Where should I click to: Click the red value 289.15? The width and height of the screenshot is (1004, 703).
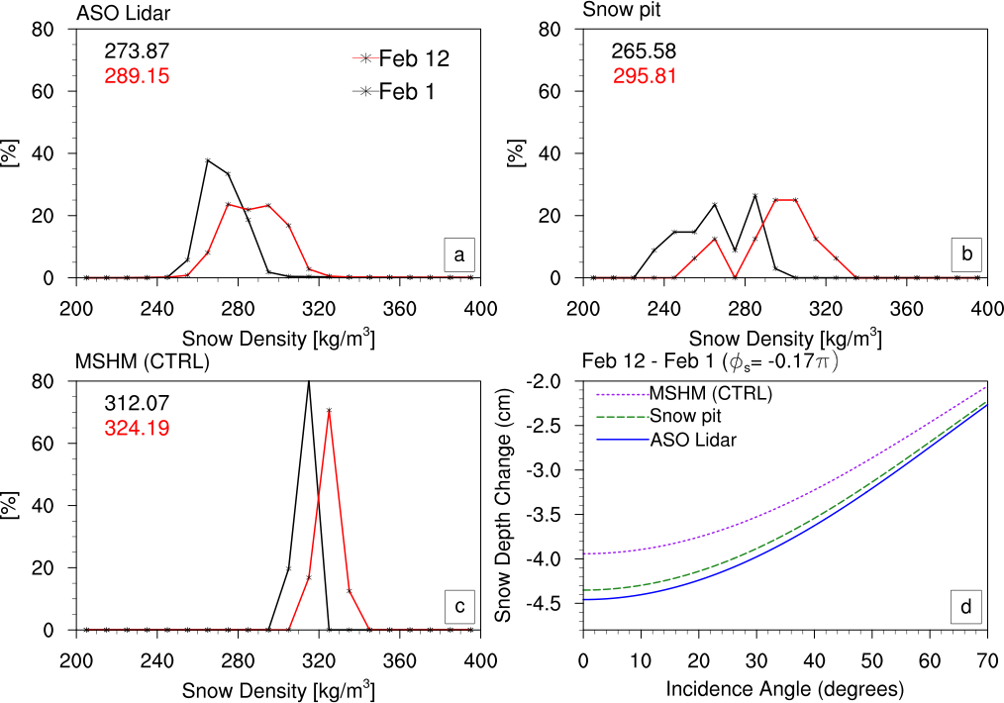click(x=138, y=75)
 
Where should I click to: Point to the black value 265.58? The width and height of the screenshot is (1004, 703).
click(x=644, y=52)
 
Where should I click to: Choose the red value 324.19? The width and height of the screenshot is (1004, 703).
click(x=138, y=428)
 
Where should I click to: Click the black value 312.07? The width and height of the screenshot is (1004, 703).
click(x=138, y=404)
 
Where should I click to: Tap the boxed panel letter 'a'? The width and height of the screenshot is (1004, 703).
click(x=458, y=255)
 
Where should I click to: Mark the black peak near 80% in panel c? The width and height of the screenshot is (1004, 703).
click(x=309, y=382)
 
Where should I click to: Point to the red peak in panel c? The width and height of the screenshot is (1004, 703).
click(x=329, y=410)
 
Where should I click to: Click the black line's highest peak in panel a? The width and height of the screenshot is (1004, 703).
click(x=208, y=160)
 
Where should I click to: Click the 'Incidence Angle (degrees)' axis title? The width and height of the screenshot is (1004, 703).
click(x=785, y=687)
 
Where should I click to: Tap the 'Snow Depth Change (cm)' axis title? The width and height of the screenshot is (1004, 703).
click(x=504, y=504)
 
